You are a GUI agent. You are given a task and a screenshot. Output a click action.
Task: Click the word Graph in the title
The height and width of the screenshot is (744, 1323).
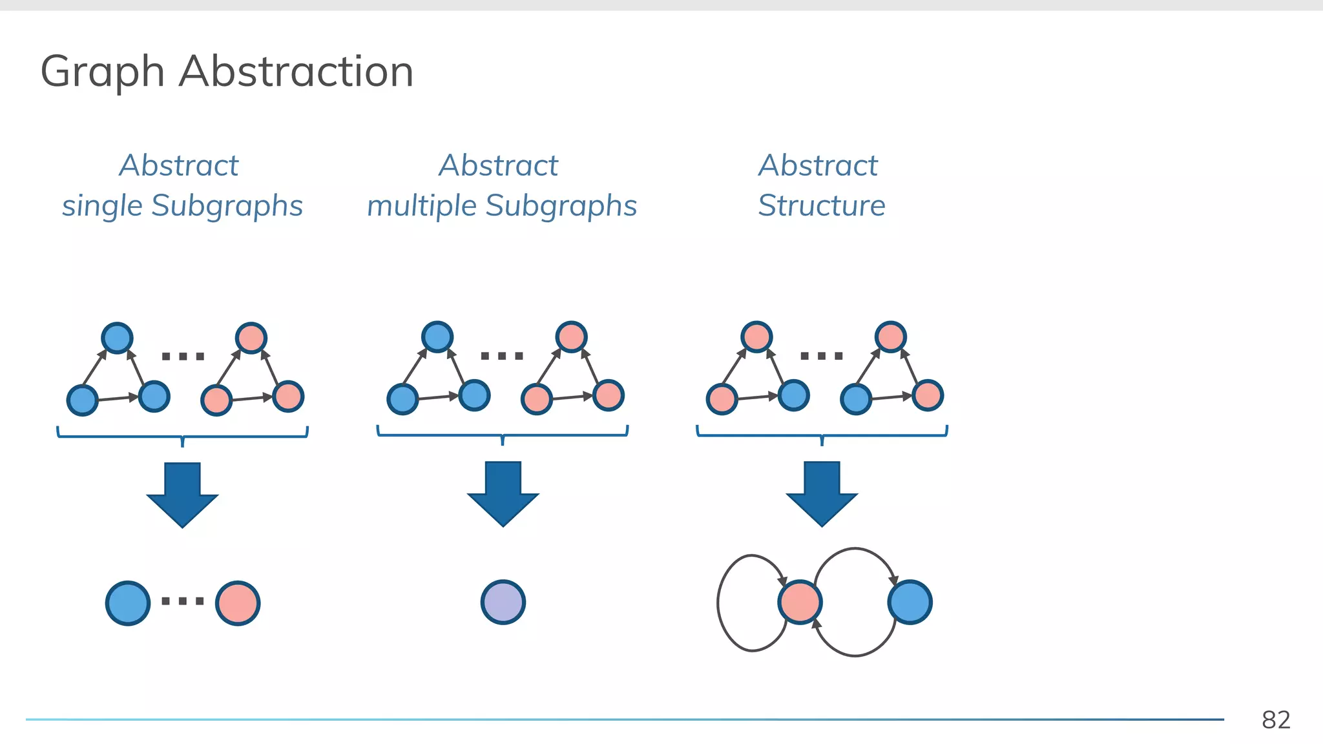(x=102, y=72)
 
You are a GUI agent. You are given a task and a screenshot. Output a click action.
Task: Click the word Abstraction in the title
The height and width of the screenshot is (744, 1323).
(x=296, y=71)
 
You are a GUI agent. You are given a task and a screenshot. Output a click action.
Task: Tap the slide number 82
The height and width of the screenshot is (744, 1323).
(x=1276, y=719)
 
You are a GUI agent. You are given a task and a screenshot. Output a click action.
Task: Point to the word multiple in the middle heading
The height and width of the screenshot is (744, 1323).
(x=422, y=206)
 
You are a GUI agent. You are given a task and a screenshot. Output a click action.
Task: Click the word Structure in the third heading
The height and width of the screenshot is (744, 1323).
(x=821, y=206)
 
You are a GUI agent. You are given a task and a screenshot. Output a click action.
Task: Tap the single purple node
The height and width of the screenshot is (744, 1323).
(x=503, y=602)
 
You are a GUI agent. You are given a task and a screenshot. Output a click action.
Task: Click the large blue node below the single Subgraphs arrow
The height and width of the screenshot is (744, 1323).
(x=128, y=603)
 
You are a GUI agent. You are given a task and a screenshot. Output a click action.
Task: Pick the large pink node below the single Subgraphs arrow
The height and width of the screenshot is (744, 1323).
(x=238, y=603)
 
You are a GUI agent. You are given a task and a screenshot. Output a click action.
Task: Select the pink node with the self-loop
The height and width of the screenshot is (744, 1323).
(x=800, y=602)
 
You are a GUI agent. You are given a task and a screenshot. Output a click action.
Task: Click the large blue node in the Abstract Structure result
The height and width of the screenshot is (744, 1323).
(x=910, y=602)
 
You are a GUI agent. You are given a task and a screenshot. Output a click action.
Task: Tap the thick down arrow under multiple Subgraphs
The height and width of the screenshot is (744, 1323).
(x=503, y=493)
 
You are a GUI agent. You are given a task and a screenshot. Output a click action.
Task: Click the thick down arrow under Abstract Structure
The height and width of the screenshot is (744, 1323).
(x=822, y=493)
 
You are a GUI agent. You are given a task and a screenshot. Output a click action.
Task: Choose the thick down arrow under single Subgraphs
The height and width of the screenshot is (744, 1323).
(x=183, y=494)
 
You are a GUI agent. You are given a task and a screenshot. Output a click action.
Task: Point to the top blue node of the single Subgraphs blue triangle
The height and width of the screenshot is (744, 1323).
(x=118, y=338)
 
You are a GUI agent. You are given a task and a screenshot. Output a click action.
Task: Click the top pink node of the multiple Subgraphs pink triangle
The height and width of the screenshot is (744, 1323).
(x=571, y=337)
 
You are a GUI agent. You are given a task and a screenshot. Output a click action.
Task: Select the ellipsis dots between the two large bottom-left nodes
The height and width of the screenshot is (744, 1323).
(x=183, y=601)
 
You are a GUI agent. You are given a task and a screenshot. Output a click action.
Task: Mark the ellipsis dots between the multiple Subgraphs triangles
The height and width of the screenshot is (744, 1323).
(x=502, y=356)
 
